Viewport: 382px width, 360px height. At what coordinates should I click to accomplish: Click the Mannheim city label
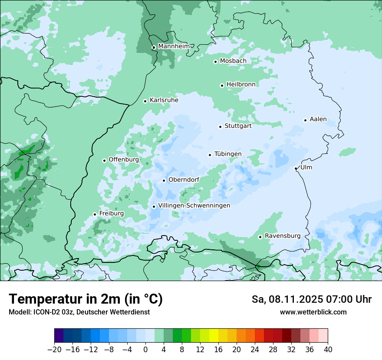click(x=174, y=46)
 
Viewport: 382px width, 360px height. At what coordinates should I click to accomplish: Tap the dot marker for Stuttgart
click(x=220, y=127)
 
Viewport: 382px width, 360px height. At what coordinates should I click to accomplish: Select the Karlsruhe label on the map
click(x=164, y=100)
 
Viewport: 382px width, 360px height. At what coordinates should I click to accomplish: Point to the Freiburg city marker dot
click(x=95, y=214)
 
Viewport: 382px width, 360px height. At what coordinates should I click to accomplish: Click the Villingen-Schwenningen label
click(x=194, y=206)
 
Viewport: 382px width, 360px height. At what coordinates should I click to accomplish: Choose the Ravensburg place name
click(x=282, y=236)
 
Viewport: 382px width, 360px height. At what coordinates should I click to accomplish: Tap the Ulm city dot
click(x=296, y=168)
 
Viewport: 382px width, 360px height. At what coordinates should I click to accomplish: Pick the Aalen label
click(x=318, y=119)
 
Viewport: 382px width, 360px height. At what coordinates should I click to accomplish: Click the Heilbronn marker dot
click(x=222, y=85)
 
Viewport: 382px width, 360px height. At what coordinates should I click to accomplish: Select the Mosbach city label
click(x=233, y=61)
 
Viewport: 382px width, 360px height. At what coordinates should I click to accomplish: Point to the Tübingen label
click(x=227, y=154)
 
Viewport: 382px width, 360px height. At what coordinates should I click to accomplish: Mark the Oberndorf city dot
click(x=164, y=180)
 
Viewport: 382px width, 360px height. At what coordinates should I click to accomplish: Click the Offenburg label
click(x=123, y=160)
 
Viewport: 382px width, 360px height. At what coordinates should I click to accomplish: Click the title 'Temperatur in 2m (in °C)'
click(x=86, y=299)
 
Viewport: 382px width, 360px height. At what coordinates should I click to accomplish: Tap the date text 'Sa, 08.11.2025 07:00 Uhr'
click(x=311, y=299)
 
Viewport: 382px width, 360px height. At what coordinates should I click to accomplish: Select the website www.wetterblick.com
click(x=313, y=312)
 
